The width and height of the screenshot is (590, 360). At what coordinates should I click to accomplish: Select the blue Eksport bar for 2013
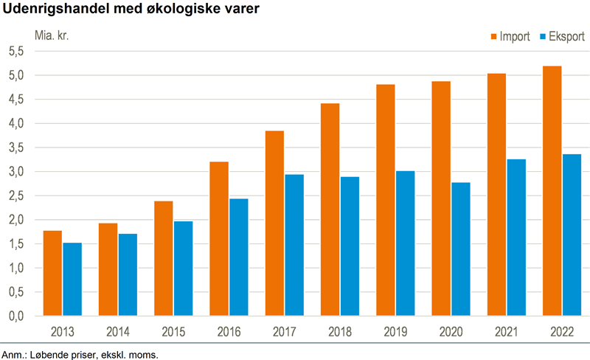(72, 279)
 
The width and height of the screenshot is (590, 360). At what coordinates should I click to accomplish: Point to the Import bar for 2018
(330, 210)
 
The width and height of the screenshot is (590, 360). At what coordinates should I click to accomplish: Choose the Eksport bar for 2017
(294, 245)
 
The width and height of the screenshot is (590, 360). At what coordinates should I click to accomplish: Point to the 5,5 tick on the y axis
(16, 51)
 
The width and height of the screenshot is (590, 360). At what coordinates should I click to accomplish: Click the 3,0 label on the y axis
(16, 172)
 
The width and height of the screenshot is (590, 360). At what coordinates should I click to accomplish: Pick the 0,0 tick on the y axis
(16, 316)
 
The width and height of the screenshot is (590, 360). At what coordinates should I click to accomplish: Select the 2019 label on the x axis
(395, 332)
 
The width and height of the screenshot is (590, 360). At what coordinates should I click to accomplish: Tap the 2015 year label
(173, 332)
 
